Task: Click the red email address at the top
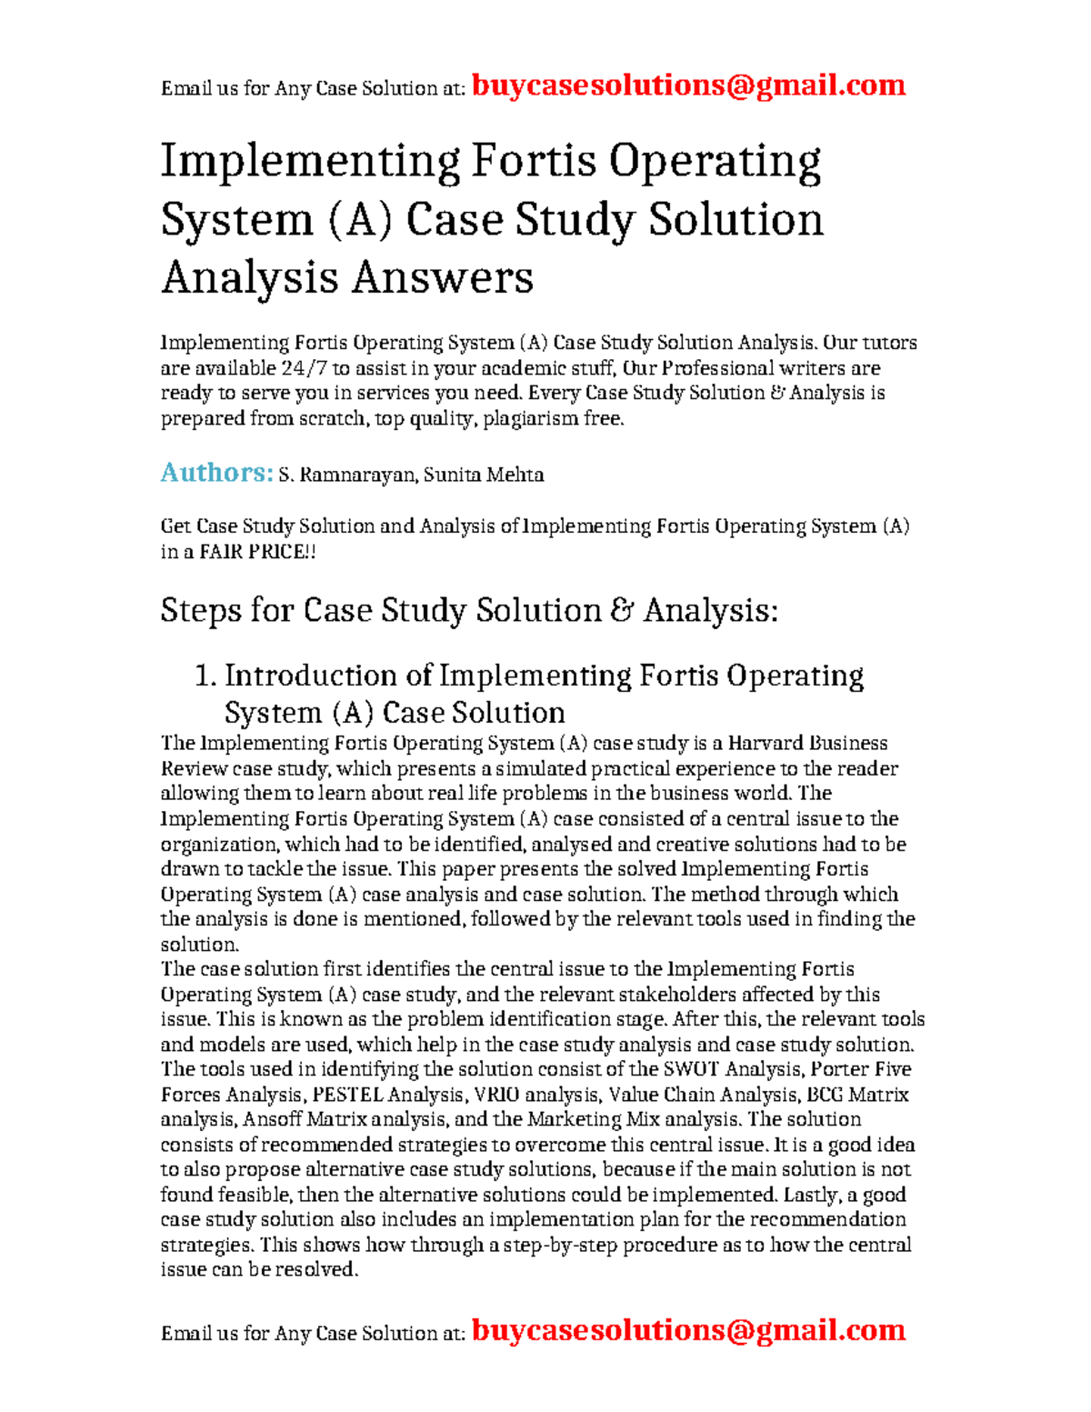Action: point(688,85)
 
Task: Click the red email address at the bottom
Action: point(688,1330)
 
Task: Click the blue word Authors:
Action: point(216,473)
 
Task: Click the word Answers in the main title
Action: point(443,276)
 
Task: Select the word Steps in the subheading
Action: point(201,610)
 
